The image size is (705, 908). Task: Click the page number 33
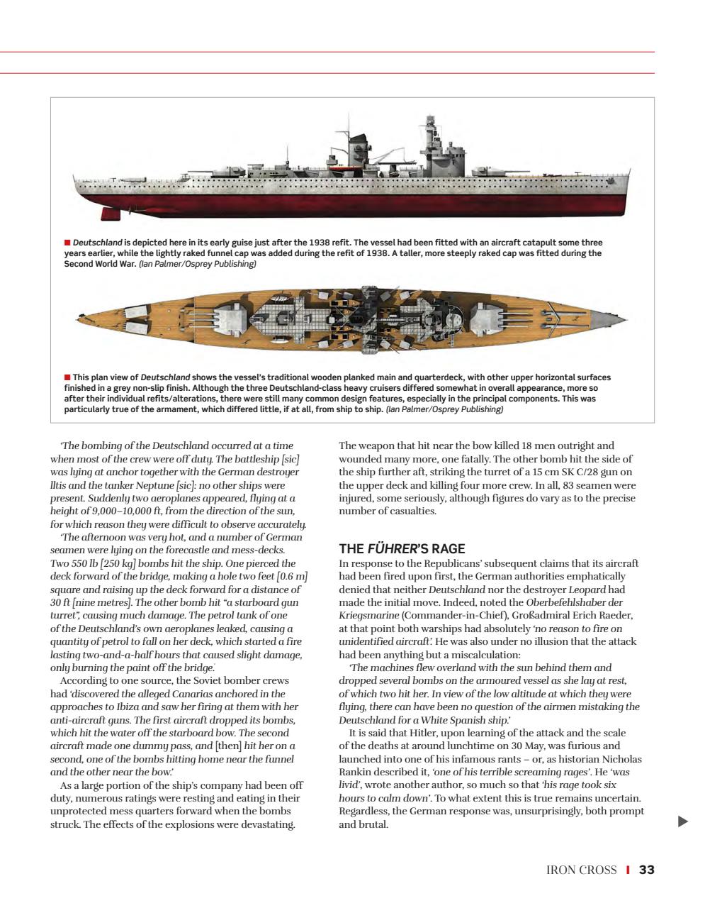pyautogui.click(x=646, y=870)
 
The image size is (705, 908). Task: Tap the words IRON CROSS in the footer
pyautogui.click(x=581, y=870)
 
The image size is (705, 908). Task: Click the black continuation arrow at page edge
pyautogui.click(x=682, y=821)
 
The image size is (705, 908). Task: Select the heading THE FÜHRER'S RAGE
pyautogui.click(x=402, y=548)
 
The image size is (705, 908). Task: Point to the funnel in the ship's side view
pyautogui.click(x=356, y=150)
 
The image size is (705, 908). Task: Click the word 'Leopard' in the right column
pyautogui.click(x=585, y=589)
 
